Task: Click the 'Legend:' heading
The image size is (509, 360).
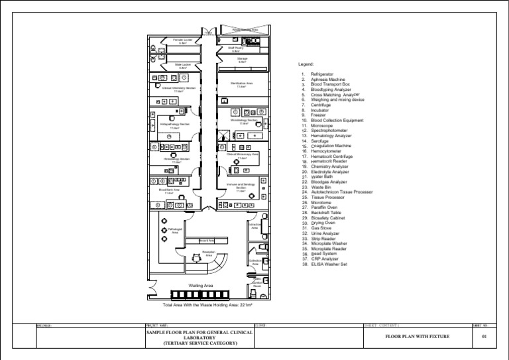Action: click(x=311, y=65)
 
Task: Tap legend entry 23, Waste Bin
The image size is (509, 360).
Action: click(x=321, y=187)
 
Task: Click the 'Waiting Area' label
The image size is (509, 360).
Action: click(x=200, y=286)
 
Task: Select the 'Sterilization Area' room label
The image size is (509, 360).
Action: click(x=242, y=84)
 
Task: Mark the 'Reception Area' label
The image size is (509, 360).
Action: click(x=209, y=253)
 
